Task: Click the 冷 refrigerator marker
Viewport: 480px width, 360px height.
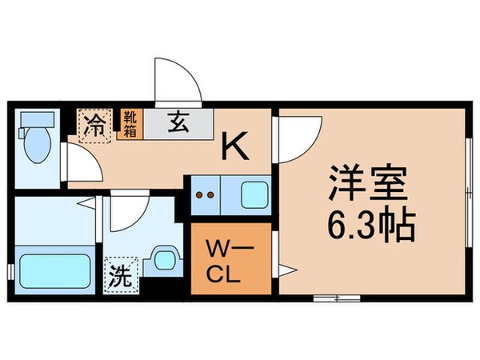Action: [x=94, y=125]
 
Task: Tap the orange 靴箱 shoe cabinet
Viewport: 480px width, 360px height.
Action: [x=128, y=124]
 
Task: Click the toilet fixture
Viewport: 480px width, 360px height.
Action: [x=37, y=144]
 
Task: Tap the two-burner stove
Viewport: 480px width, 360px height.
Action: [x=207, y=194]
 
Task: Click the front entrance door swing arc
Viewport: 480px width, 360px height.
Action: [x=175, y=83]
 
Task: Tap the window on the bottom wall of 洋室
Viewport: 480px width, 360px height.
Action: [x=335, y=298]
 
